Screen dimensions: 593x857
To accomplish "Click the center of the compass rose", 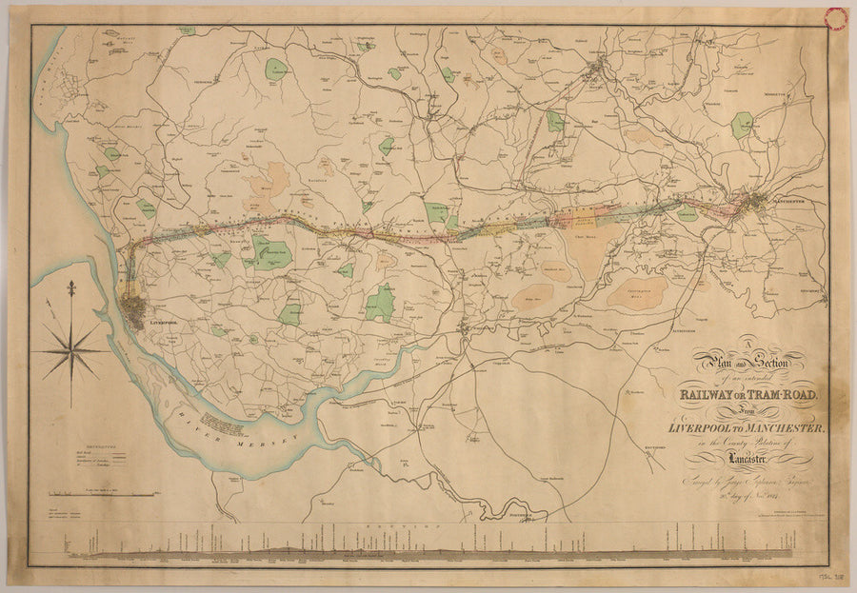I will (x=70, y=350).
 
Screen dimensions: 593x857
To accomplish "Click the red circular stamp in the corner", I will (x=836, y=17).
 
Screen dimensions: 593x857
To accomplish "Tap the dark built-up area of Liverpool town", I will (x=134, y=309).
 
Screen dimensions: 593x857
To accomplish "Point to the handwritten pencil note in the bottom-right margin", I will (x=830, y=578).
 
